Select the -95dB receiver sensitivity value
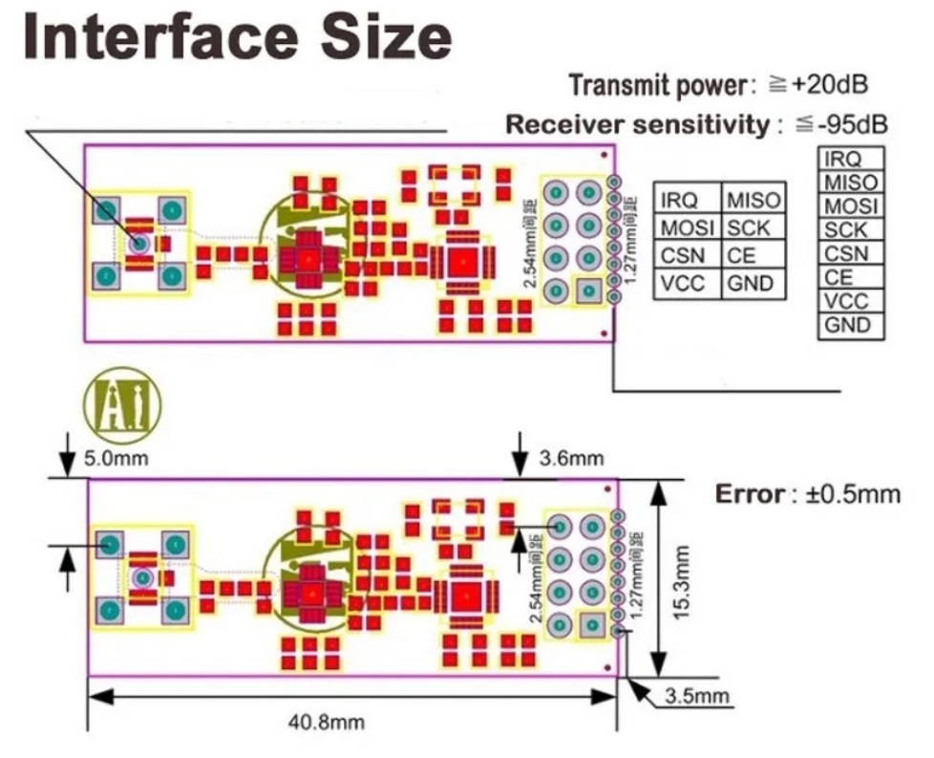[841, 124]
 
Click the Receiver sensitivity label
[636, 124]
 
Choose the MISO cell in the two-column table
[753, 201]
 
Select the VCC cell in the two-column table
[682, 283]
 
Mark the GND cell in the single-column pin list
[847, 325]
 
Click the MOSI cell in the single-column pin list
[850, 206]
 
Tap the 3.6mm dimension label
[570, 459]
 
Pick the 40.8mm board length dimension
[327, 722]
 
